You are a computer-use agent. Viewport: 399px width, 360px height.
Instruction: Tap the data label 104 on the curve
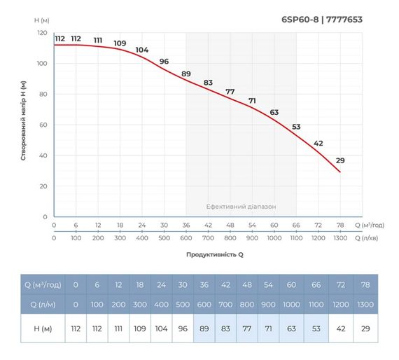click(x=142, y=50)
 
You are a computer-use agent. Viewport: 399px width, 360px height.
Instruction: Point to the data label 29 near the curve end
click(x=340, y=160)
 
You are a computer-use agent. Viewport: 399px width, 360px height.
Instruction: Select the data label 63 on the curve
click(x=274, y=112)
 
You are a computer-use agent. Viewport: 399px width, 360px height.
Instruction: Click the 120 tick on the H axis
click(x=42, y=33)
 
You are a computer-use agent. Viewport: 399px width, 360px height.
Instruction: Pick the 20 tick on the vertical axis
click(x=43, y=186)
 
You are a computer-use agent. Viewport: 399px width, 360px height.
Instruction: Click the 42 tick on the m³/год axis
click(x=208, y=225)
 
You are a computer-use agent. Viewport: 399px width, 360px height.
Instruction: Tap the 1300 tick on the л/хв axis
click(x=340, y=238)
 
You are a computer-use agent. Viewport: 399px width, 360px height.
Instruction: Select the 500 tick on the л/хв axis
click(x=164, y=238)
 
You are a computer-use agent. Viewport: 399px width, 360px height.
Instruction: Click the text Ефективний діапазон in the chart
click(x=241, y=207)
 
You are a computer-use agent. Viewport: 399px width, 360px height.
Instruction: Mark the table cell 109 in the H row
click(x=139, y=328)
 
